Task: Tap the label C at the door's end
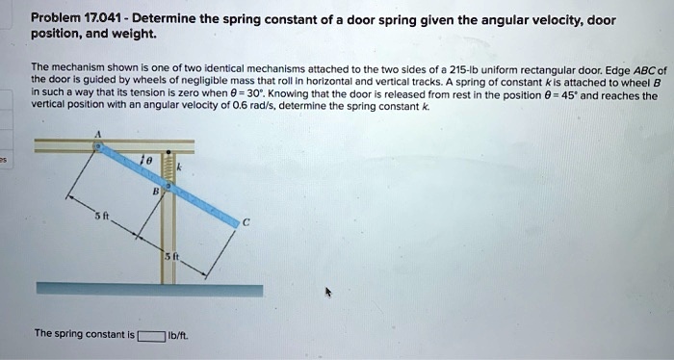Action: (246, 223)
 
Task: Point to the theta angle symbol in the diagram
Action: (146, 157)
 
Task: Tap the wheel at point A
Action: (97, 146)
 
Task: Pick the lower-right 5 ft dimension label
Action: (168, 256)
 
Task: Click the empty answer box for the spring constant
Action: (150, 336)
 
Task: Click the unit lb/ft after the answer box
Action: (178, 336)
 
